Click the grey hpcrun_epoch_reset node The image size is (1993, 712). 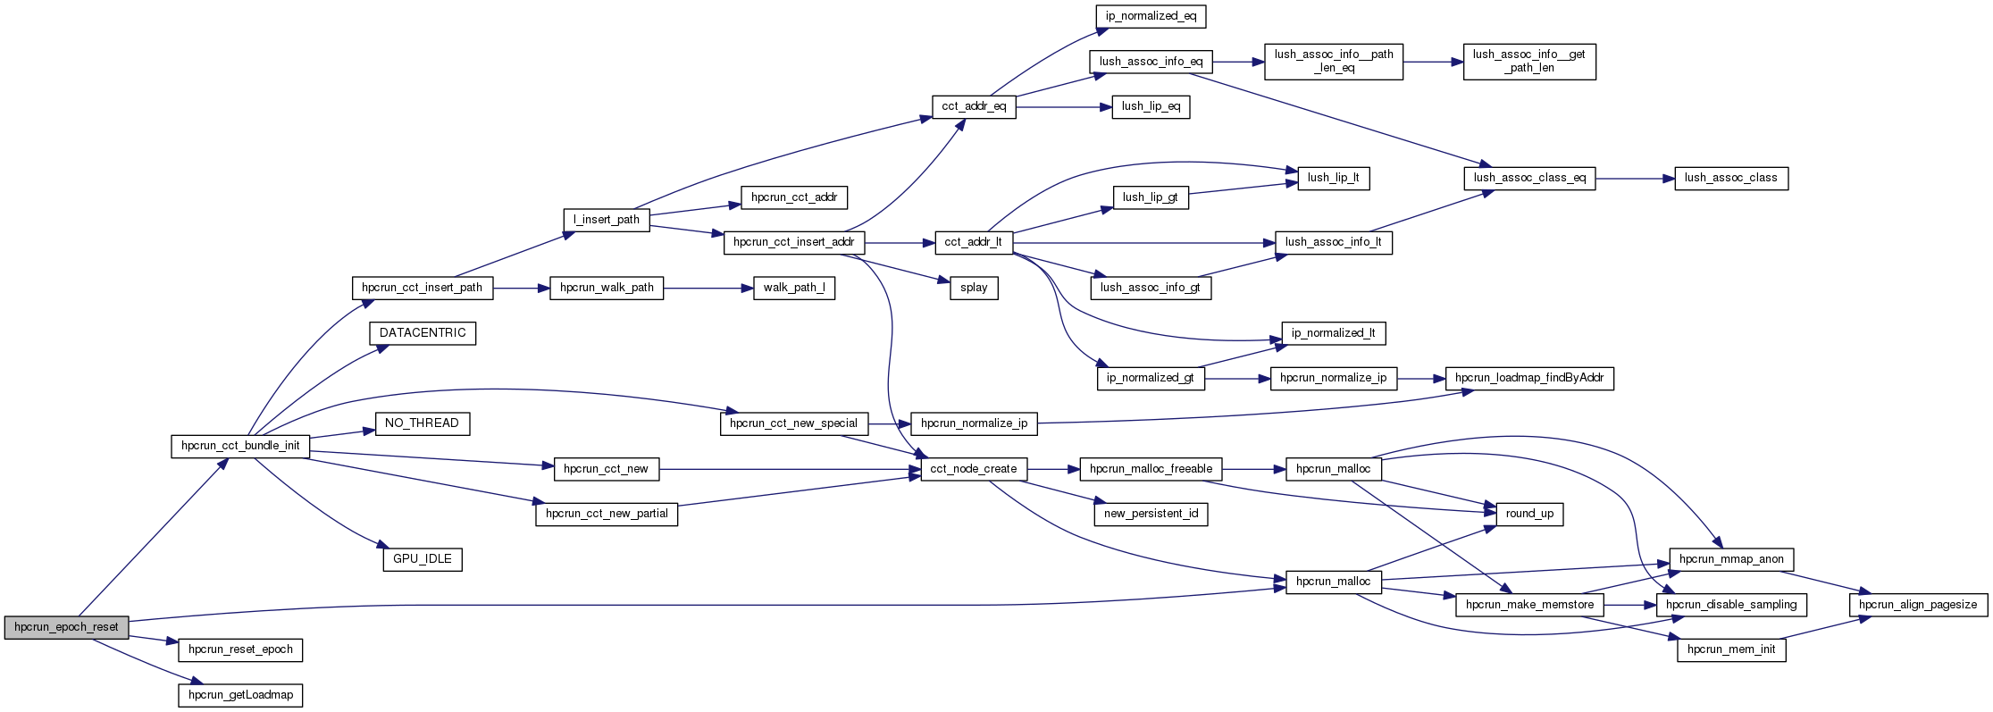[66, 627]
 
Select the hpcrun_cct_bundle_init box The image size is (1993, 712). [240, 446]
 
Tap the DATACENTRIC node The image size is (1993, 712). [423, 333]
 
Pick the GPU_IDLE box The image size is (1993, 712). [423, 559]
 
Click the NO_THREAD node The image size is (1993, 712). [423, 423]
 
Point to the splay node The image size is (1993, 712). [974, 288]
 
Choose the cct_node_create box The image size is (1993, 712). [974, 469]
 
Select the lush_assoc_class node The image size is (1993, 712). [1730, 178]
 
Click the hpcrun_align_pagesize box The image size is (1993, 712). [1918, 605]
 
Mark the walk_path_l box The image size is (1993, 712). [794, 288]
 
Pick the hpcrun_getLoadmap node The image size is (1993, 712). [240, 695]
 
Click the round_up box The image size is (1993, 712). [1529, 514]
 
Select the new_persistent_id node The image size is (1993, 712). [1151, 514]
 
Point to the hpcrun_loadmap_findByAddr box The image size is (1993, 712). [1529, 378]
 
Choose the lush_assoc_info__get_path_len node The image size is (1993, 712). [1529, 61]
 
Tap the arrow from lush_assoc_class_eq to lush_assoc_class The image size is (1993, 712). [1635, 179]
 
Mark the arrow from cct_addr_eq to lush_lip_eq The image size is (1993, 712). [1063, 107]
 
